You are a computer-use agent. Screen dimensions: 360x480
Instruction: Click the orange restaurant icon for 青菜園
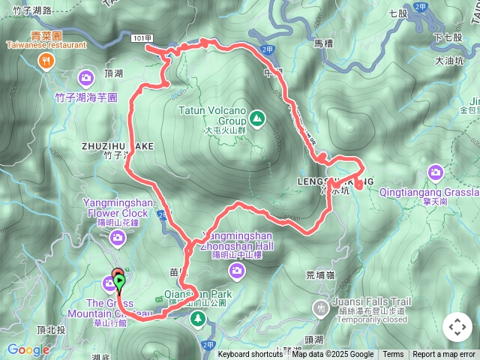click(46, 61)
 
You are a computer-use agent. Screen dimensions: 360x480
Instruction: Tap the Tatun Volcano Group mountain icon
click(258, 117)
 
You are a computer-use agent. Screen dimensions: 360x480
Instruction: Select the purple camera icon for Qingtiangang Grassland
click(435, 174)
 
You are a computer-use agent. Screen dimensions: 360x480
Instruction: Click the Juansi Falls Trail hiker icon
click(321, 307)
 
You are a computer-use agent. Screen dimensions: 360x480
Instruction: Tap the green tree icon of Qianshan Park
click(198, 319)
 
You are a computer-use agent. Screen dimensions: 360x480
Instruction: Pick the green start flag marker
click(120, 282)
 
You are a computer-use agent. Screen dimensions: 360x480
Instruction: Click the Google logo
click(28, 349)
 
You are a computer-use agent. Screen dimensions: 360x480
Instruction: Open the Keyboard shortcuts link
click(250, 355)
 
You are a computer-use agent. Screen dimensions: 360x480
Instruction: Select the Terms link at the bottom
click(393, 355)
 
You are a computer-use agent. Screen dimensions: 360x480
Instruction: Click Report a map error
click(444, 355)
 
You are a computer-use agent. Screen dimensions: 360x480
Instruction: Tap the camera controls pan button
click(457, 327)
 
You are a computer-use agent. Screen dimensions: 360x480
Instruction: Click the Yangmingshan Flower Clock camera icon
click(117, 238)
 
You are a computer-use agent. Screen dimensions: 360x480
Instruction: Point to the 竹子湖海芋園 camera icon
click(86, 77)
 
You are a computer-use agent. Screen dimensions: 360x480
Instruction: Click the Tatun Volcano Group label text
click(212, 115)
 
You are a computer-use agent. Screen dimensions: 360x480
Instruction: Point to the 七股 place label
click(399, 13)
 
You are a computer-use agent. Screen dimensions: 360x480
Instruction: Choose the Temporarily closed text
click(371, 319)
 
